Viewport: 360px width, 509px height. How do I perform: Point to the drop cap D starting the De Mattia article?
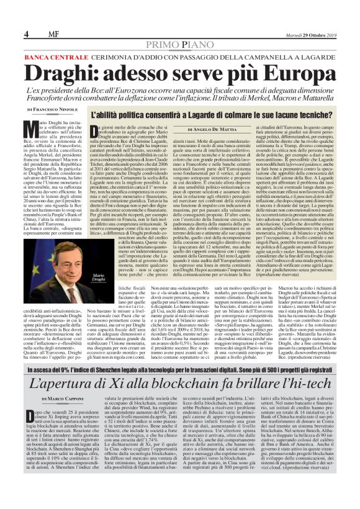[x=95, y=131]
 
